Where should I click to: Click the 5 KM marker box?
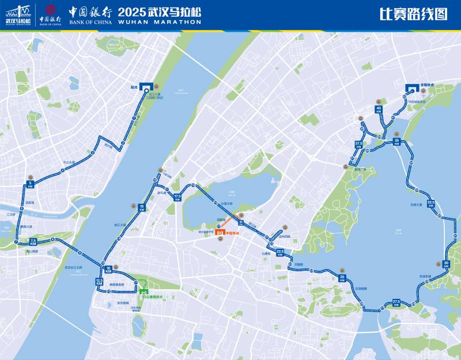31,185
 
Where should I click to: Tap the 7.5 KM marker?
33,241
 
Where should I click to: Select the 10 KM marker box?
108,270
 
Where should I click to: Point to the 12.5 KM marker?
99,282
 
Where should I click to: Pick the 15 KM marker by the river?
142,207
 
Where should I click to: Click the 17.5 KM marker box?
177,197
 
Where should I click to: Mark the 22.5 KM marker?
280,253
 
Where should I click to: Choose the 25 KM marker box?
342,278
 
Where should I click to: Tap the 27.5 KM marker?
396,302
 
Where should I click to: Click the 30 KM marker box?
446,264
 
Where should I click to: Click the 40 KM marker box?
379,109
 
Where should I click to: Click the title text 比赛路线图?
413,14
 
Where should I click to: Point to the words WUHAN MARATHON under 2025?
160,22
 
